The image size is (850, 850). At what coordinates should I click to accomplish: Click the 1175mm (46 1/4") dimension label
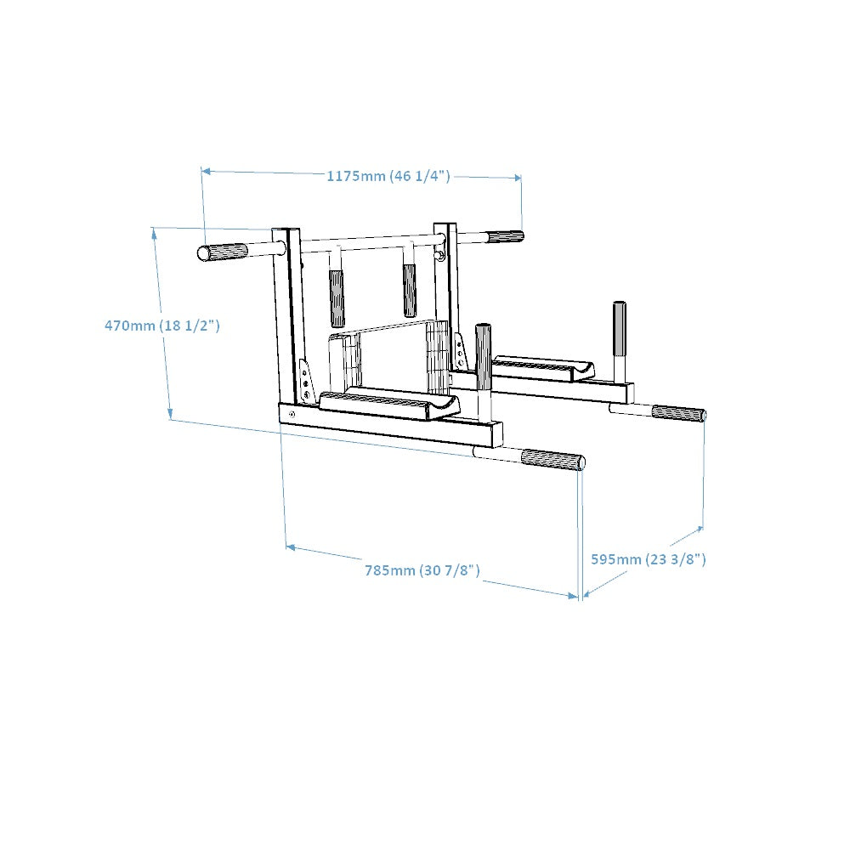388,176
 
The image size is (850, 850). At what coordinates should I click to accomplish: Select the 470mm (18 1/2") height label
161,325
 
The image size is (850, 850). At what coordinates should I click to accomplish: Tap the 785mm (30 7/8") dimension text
422,570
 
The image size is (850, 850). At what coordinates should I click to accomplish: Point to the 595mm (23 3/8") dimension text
648,558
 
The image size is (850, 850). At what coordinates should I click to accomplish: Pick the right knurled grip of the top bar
505,237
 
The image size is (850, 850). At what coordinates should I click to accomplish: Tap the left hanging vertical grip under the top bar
337,298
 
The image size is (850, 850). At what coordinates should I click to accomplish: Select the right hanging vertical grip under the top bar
410,291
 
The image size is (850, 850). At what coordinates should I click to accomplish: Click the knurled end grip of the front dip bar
552,460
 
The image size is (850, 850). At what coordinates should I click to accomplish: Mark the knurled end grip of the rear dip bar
677,414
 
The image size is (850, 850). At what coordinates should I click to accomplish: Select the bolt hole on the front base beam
293,414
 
